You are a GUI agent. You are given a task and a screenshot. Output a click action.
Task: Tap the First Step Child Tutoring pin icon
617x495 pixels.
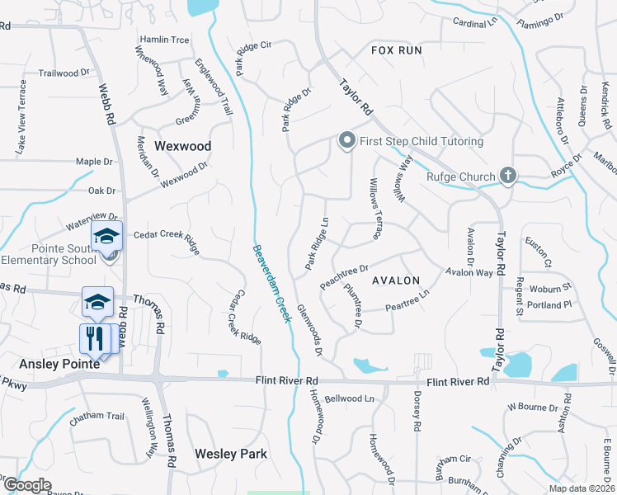[347, 141]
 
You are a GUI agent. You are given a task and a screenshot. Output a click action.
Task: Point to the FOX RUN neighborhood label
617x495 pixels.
[396, 50]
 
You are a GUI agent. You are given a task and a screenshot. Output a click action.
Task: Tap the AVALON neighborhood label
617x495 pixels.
[396, 280]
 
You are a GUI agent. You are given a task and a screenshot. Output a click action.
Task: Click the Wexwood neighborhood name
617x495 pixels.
[183, 146]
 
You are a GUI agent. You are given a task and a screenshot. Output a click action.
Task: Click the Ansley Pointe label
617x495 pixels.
[59, 363]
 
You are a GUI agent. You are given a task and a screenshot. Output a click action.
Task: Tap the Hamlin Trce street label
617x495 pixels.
[164, 40]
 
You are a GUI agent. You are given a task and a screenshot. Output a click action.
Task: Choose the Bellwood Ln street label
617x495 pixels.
[349, 398]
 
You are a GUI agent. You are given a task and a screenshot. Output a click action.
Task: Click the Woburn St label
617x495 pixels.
[550, 288]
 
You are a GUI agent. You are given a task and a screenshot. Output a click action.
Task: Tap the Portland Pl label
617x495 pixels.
[550, 304]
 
